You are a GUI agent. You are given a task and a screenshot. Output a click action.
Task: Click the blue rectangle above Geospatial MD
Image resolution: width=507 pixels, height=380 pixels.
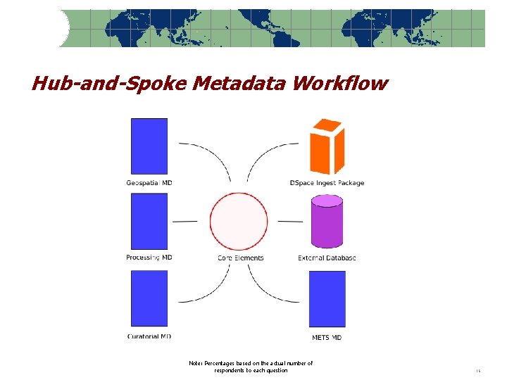149,146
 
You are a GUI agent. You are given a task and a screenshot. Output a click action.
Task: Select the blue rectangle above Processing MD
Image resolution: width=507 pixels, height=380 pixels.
149,221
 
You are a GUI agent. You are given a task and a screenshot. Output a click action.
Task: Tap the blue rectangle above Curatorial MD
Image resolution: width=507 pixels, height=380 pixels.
149,298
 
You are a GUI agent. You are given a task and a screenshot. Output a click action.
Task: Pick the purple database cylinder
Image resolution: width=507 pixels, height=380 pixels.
327,221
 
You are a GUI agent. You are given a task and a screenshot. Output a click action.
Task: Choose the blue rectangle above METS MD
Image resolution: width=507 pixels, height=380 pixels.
327,298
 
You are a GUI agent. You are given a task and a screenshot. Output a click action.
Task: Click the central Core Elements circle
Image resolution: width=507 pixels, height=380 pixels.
239,221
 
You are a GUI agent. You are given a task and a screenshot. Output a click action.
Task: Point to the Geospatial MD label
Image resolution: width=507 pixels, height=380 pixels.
149,183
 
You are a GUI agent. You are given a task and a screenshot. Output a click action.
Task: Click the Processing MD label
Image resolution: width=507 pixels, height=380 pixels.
149,258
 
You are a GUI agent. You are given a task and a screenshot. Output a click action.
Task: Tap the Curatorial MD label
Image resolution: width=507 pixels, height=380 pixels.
149,336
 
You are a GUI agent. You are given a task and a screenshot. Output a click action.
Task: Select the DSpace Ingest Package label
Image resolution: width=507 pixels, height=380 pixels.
327,183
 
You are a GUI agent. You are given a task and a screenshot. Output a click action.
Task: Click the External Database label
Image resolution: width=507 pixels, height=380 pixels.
327,258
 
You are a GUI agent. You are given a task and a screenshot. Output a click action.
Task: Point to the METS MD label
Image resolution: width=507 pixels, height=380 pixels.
327,337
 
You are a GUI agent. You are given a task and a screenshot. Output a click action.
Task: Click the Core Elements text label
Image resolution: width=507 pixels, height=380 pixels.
241,258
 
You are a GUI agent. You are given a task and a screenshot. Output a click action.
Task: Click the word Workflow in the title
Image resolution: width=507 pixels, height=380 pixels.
340,84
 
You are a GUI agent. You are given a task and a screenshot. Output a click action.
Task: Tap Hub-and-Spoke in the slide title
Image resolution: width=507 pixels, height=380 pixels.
109,84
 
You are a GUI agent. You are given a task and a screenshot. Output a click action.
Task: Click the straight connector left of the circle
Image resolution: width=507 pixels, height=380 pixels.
184,221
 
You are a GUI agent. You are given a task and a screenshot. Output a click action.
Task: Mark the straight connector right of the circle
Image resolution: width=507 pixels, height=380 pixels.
290,221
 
